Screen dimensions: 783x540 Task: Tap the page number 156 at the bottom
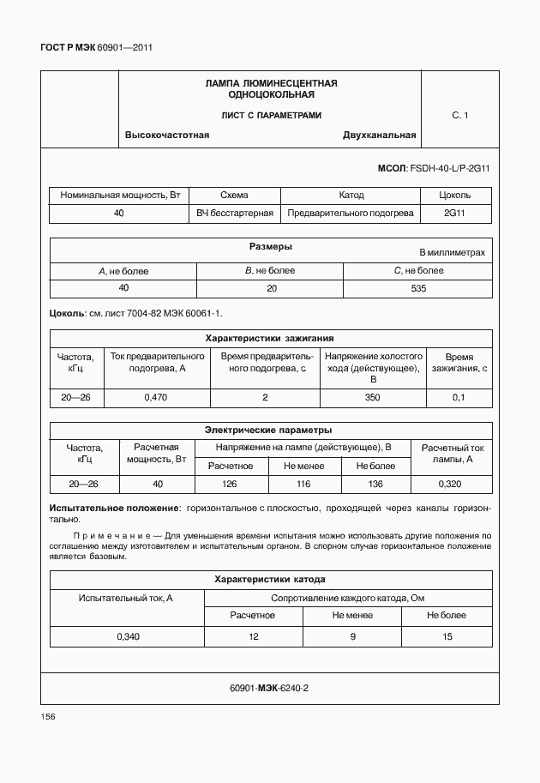point(49,715)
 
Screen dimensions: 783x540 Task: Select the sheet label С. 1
point(459,115)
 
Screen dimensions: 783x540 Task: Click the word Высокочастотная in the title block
point(167,135)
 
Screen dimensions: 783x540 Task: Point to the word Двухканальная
point(379,135)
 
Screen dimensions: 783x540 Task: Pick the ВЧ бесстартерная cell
point(235,213)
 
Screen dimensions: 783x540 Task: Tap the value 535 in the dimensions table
point(418,288)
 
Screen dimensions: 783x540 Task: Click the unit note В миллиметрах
point(452,253)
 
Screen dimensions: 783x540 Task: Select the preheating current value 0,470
point(156,397)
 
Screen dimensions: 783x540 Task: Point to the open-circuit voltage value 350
point(373,397)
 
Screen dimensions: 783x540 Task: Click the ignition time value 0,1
point(459,397)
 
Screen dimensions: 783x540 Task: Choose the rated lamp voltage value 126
point(229,485)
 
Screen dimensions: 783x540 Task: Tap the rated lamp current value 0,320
point(453,485)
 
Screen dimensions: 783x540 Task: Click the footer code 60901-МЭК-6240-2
point(269,688)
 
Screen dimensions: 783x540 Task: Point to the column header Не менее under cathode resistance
point(352,615)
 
